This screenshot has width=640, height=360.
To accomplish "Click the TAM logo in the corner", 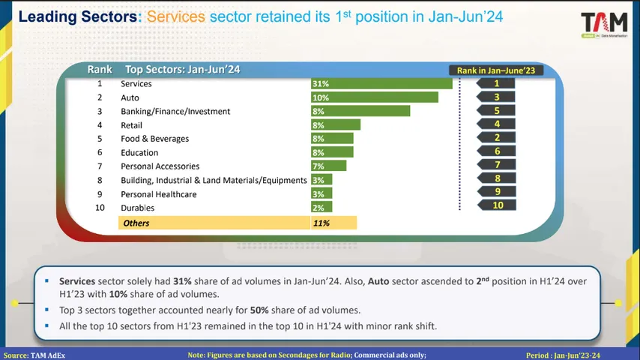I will click(x=603, y=25).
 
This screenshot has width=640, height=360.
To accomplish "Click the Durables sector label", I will click(x=137, y=208).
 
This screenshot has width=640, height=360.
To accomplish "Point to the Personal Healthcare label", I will click(x=158, y=194).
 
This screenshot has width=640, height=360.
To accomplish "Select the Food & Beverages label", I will click(x=154, y=139).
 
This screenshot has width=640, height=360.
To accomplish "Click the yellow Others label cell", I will click(x=213, y=223).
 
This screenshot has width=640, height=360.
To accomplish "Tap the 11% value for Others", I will click(x=321, y=223).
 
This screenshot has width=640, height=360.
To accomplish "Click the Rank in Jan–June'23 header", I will click(x=496, y=70).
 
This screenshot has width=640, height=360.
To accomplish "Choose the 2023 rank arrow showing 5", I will click(x=496, y=111).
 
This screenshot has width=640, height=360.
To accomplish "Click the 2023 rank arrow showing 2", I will click(x=496, y=138).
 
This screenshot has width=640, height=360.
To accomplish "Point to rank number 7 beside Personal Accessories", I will click(x=100, y=166).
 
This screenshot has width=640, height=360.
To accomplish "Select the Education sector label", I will click(x=139, y=153).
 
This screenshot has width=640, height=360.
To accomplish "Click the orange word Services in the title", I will click(x=175, y=16).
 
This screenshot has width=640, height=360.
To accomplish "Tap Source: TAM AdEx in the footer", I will click(x=34, y=355).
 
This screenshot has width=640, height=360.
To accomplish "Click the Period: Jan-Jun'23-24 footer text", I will click(x=563, y=355).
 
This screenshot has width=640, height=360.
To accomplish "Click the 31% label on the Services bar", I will click(x=321, y=84).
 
